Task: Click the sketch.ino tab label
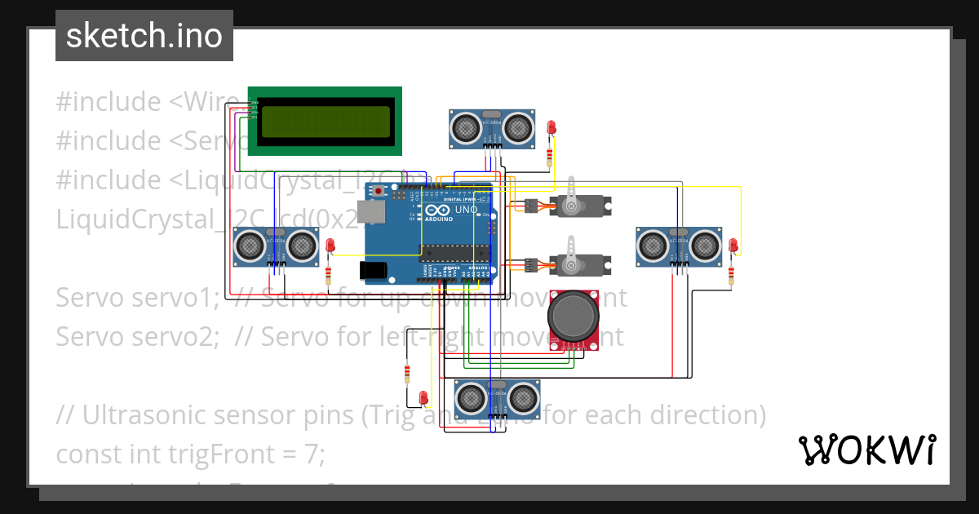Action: pyautogui.click(x=144, y=36)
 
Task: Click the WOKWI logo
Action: pyautogui.click(x=866, y=450)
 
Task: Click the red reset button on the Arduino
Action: pyautogui.click(x=379, y=190)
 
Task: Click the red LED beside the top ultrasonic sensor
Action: pyautogui.click(x=552, y=127)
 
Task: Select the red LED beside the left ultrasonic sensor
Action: pyautogui.click(x=330, y=245)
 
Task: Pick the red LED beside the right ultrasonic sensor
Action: pyautogui.click(x=733, y=244)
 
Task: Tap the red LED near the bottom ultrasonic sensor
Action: pyautogui.click(x=423, y=397)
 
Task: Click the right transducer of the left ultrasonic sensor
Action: pyautogui.click(x=302, y=244)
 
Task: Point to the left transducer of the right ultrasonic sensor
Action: pyautogui.click(x=653, y=244)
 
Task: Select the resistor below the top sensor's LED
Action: pyautogui.click(x=551, y=155)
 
